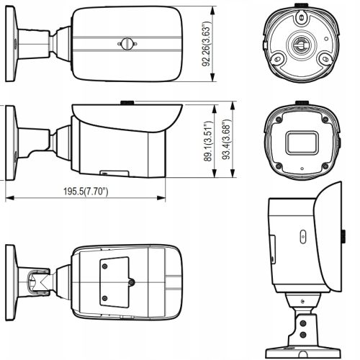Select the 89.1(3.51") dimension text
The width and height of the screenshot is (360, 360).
(x=207, y=142)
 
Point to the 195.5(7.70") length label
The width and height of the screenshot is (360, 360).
(x=86, y=192)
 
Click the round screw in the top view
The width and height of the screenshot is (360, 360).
(x=126, y=43)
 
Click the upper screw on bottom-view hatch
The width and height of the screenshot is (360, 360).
(x=105, y=266)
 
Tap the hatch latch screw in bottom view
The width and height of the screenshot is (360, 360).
(x=132, y=282)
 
